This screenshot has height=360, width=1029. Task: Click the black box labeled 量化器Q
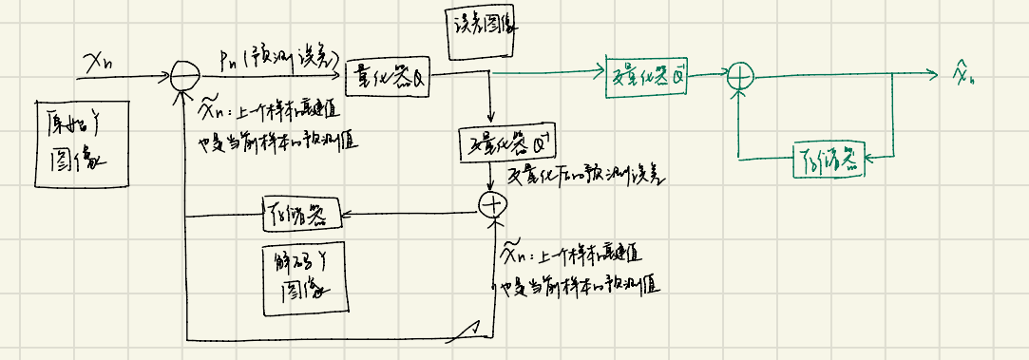(x=391, y=74)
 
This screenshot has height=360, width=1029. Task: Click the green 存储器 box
(x=829, y=159)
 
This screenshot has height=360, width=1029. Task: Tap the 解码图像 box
(x=303, y=275)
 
